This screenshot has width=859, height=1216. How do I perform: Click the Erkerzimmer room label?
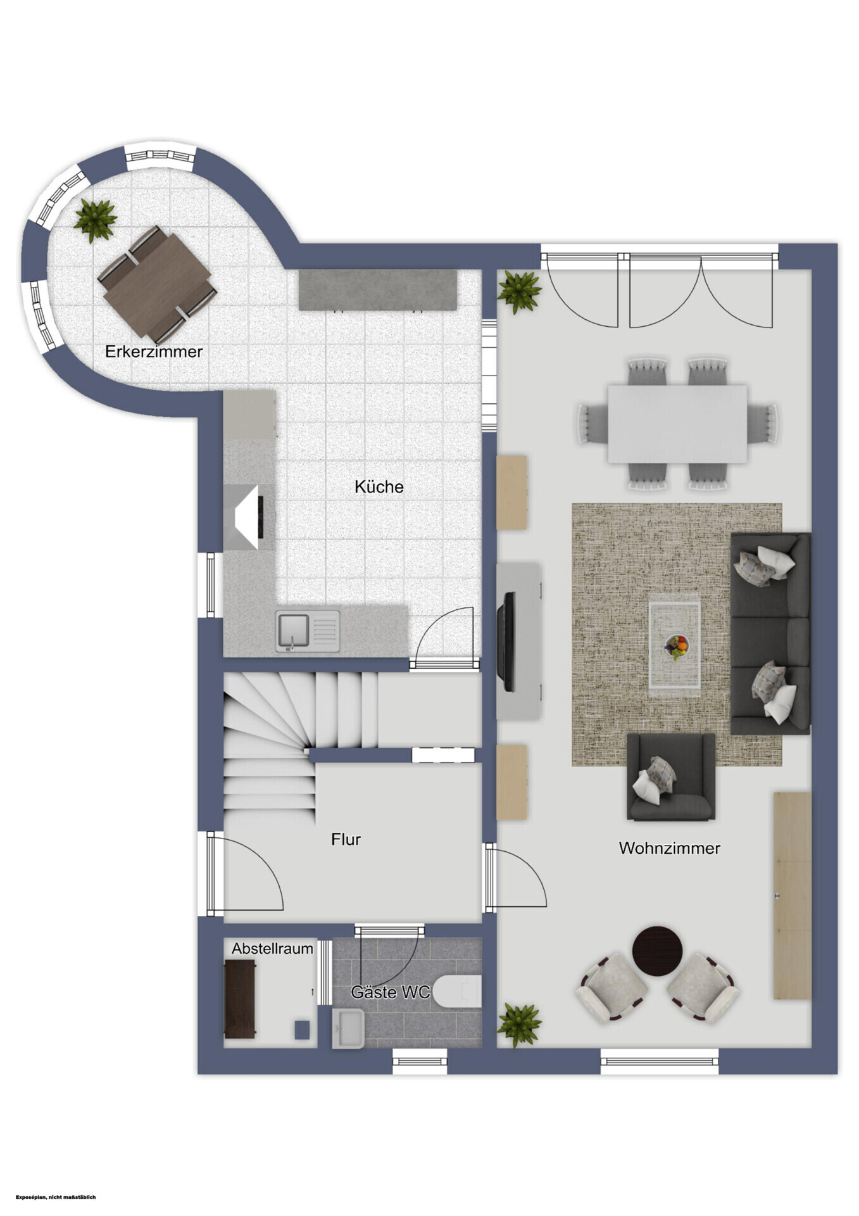click(x=154, y=351)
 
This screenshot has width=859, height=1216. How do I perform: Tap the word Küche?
click(x=379, y=486)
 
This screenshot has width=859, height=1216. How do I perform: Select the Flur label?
click(x=346, y=839)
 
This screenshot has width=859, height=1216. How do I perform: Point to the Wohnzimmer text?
click(x=669, y=848)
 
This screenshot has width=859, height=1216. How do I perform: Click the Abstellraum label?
click(x=272, y=949)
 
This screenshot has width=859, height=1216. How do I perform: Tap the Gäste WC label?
click(x=391, y=992)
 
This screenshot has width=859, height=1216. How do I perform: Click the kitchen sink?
click(x=307, y=631)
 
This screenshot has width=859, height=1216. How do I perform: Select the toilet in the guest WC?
click(x=458, y=991)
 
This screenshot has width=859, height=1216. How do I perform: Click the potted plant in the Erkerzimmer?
click(x=95, y=219)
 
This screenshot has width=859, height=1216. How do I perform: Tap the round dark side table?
click(x=658, y=951)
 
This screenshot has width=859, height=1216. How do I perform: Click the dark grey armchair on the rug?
click(x=671, y=777)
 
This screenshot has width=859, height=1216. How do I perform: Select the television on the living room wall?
click(x=507, y=641)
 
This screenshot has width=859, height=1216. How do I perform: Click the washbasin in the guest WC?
click(x=348, y=1029)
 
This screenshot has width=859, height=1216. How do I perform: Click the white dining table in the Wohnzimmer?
click(x=677, y=424)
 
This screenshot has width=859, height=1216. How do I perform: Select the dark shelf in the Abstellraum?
click(x=241, y=999)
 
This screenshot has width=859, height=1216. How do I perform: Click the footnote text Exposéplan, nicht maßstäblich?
click(x=56, y=1197)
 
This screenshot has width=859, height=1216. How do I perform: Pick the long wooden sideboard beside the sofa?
click(x=793, y=896)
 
